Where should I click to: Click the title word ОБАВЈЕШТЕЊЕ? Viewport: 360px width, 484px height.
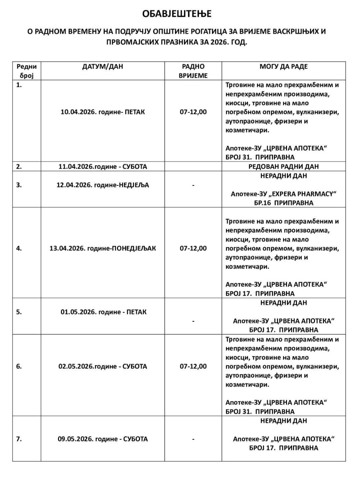(x=177, y=14)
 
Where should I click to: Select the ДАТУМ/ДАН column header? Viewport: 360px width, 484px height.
(x=103, y=67)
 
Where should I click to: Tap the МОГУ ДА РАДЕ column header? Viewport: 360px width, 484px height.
(x=284, y=67)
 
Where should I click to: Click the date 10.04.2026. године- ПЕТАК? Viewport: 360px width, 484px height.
(x=103, y=112)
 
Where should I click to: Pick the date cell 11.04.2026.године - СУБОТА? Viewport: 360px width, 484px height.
(x=103, y=167)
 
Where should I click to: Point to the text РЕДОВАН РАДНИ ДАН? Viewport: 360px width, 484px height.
(x=284, y=167)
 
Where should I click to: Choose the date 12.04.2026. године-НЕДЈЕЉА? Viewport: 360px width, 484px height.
(x=103, y=185)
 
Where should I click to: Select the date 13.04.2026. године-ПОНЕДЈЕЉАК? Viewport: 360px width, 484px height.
(x=103, y=248)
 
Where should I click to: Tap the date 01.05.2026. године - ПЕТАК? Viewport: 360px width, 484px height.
(x=103, y=312)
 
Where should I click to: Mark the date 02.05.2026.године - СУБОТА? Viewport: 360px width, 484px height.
(x=103, y=367)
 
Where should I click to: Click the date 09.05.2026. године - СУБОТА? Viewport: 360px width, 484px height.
(x=103, y=439)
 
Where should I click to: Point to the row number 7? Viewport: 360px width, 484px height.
(x=19, y=439)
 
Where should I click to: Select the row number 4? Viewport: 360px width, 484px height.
(x=19, y=248)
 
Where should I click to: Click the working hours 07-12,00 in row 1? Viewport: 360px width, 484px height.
(x=193, y=112)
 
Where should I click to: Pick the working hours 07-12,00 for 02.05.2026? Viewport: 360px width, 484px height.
(x=193, y=367)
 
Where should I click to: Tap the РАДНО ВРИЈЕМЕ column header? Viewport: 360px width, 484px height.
(x=193, y=71)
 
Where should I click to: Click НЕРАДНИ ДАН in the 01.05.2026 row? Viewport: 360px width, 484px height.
(x=284, y=303)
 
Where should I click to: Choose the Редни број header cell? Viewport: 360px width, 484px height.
(x=27, y=71)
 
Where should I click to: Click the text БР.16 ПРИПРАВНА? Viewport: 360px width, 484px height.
(x=284, y=203)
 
